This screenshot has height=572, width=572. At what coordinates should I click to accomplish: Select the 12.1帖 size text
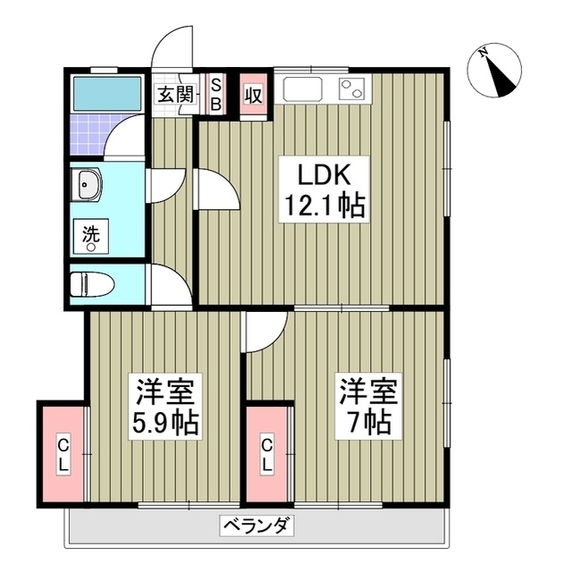(x=323, y=207)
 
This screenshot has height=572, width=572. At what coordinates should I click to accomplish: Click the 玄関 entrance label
(x=176, y=94)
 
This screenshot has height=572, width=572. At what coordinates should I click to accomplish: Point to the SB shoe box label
(x=214, y=94)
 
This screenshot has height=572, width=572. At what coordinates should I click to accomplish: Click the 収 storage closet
(x=253, y=94)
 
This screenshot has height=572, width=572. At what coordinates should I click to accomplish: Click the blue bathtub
(x=106, y=91)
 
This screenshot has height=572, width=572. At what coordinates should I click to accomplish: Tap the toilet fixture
(x=92, y=283)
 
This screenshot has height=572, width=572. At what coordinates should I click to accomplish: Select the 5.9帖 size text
(x=167, y=422)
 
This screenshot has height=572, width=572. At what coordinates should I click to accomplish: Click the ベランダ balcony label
(x=256, y=525)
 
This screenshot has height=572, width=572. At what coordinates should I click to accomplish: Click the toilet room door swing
(x=170, y=285)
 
